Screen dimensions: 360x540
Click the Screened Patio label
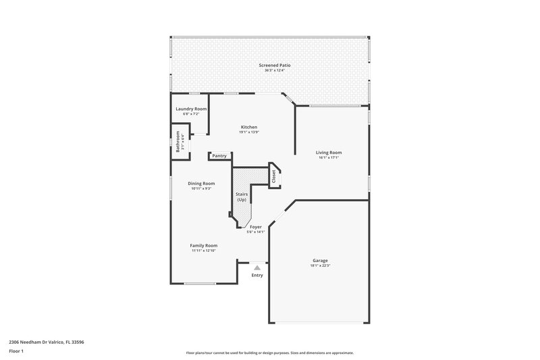pos(269,65)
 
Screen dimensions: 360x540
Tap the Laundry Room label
pos(191,109)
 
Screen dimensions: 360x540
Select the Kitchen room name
pos(249,126)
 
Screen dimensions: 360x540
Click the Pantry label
pos(219,156)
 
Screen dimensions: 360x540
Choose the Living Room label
pos(329,153)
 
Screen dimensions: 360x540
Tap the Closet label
pos(274,176)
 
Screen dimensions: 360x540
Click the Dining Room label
pos(202,183)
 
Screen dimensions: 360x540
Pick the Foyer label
pos(256,227)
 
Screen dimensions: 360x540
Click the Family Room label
pos(202,245)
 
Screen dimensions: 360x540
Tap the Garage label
pos(320,260)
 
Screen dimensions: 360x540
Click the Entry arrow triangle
pos(256,268)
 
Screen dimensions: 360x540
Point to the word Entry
pos(257,276)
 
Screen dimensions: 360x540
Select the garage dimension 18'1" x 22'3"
pos(320,265)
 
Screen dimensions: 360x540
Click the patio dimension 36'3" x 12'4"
pos(269,70)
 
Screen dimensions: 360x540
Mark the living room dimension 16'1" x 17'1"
pos(329,158)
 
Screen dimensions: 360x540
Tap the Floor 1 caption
pos(16,351)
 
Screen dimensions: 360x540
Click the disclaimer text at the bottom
pos(269,353)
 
